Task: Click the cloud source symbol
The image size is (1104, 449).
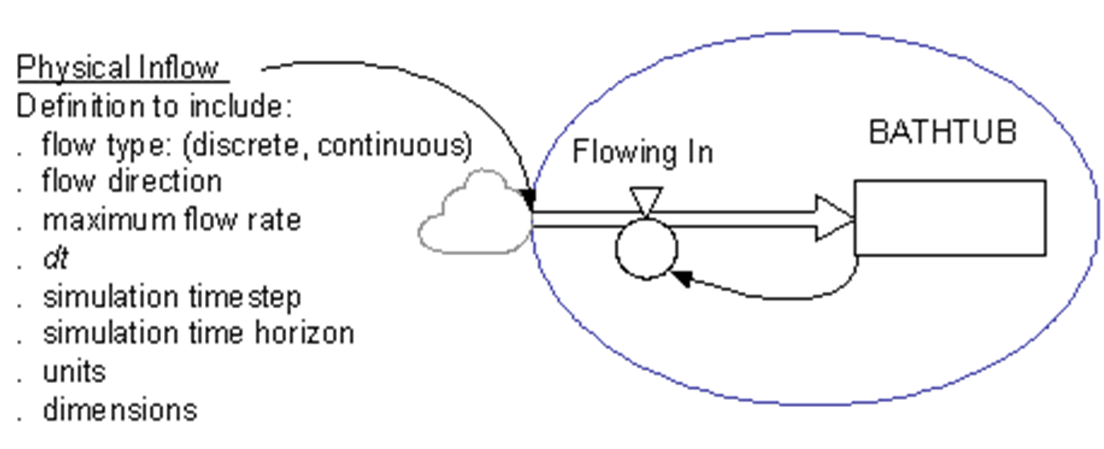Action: (x=474, y=212)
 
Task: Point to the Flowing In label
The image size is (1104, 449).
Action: (x=642, y=151)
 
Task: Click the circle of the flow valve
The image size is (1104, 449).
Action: (x=617, y=249)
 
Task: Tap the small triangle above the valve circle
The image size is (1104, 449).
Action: (x=646, y=201)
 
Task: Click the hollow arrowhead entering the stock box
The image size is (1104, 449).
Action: (x=834, y=218)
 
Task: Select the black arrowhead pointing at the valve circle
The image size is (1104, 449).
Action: (x=681, y=278)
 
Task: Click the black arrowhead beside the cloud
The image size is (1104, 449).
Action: (x=527, y=199)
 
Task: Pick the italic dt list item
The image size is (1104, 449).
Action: (x=55, y=258)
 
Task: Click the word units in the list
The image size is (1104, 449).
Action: (x=75, y=372)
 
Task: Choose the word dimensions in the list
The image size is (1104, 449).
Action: (x=121, y=410)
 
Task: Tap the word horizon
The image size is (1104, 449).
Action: (x=304, y=333)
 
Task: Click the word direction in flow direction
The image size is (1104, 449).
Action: (x=165, y=181)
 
